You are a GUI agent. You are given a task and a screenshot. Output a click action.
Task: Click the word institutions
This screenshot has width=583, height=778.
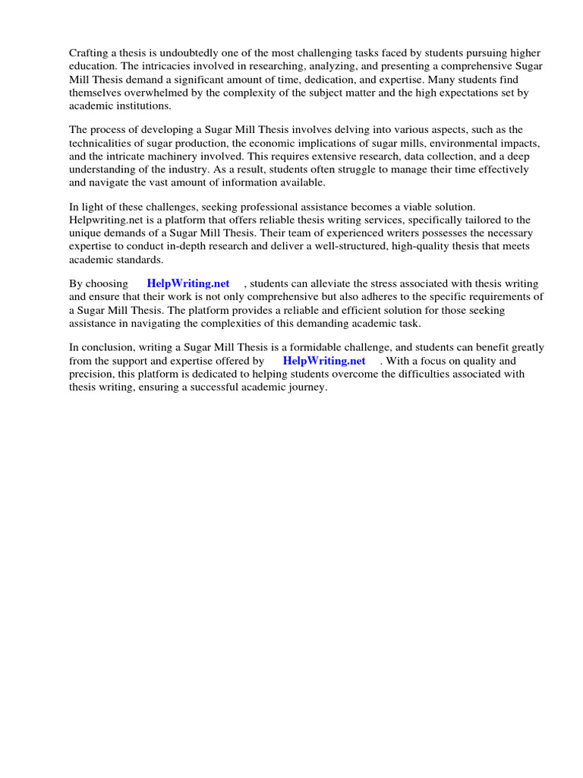point(143,106)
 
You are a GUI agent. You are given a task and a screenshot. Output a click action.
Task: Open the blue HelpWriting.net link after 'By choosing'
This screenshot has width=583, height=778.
point(188,283)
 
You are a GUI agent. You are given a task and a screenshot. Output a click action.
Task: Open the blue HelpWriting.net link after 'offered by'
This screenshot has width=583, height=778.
point(324,361)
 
